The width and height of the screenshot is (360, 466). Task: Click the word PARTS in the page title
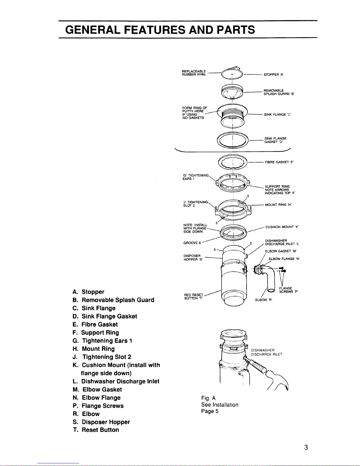click(x=236, y=30)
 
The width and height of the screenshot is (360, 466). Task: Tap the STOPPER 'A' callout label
click(x=273, y=75)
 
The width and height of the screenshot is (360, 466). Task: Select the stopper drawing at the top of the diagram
click(x=232, y=73)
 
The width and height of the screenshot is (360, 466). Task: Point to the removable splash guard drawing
click(x=232, y=91)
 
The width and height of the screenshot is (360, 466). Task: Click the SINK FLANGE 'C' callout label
click(x=277, y=115)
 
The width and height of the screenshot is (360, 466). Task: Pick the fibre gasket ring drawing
click(x=233, y=162)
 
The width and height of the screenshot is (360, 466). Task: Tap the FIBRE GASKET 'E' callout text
click(x=279, y=162)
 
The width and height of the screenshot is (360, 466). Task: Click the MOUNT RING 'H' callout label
click(x=278, y=205)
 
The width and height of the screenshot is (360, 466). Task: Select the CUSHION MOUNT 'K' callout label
click(x=282, y=227)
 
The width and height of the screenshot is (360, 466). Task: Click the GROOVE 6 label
click(x=192, y=243)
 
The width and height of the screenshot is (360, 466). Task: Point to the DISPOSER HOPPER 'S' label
click(x=193, y=258)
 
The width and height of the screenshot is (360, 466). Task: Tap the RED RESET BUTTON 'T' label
click(x=193, y=297)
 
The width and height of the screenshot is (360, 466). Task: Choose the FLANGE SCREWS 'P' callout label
click(x=289, y=290)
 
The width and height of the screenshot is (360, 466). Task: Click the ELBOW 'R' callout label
click(x=264, y=300)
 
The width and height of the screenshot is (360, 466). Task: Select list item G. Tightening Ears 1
click(x=103, y=340)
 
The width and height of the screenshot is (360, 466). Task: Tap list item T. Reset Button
click(x=96, y=430)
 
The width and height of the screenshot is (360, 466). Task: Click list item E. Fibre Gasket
click(x=95, y=324)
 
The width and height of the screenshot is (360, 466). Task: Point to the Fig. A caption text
click(x=208, y=398)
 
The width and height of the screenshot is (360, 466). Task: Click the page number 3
click(x=306, y=447)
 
